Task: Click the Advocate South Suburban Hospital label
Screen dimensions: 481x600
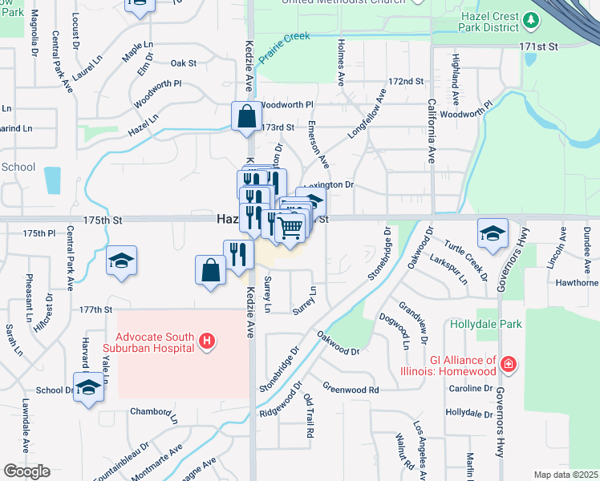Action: tap(153, 342)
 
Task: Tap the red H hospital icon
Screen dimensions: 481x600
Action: tap(207, 342)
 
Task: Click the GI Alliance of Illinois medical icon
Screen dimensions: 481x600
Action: tap(508, 366)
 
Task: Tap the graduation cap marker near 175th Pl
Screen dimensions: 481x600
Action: tap(121, 261)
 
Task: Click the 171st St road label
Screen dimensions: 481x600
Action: tap(537, 47)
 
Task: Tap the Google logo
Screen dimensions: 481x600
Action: tap(26, 471)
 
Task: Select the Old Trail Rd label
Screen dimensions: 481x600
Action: tap(309, 415)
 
